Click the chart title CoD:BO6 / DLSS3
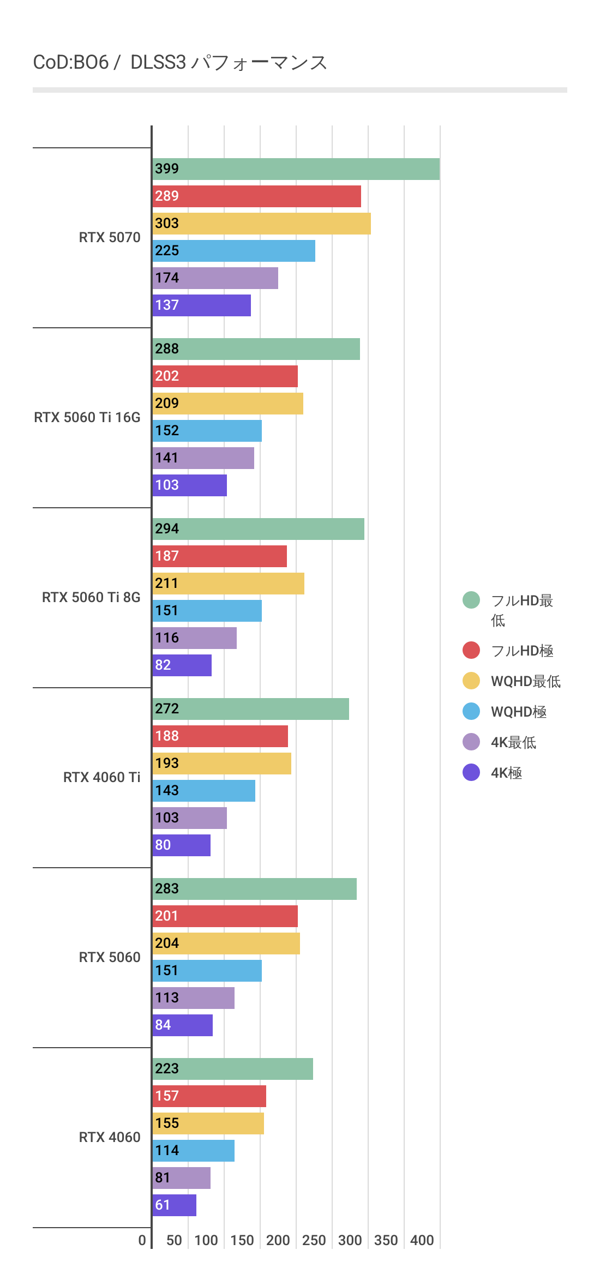coord(180,63)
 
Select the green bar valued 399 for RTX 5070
coord(296,169)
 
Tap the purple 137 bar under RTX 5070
coord(202,305)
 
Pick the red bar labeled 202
coord(225,376)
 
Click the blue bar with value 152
coord(207,431)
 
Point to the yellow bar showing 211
coord(228,584)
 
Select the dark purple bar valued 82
coord(182,665)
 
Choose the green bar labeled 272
coord(251,709)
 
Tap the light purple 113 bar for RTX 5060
coord(194,998)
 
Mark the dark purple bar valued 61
coord(175,1205)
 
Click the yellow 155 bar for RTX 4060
coord(208,1123)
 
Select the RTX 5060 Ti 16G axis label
coord(87,417)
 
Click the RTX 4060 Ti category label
coord(102,777)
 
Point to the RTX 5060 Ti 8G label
coord(91,597)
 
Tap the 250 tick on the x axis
coord(314,1240)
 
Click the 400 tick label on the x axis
coord(422,1240)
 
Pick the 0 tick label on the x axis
coord(142,1240)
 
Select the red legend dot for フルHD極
coord(471,650)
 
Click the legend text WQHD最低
coord(525,681)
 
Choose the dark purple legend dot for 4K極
coord(471,772)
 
